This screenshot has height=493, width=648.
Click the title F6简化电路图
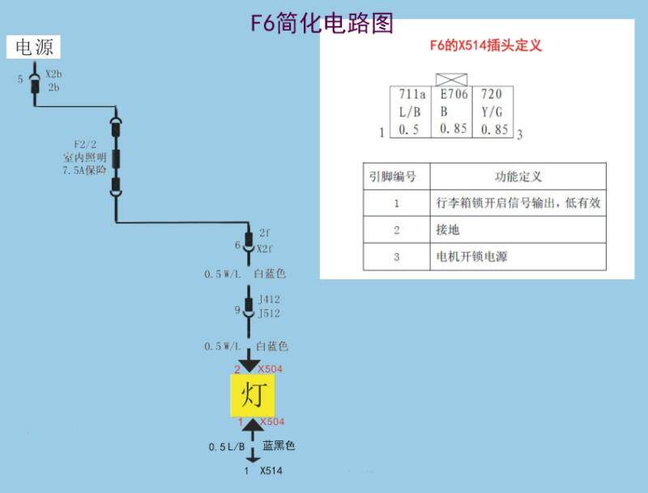(322, 23)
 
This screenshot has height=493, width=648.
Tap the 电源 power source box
(34, 48)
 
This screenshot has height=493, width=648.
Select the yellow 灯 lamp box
(251, 396)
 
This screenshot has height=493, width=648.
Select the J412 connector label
(269, 300)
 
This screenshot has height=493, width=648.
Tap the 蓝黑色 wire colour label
(279, 446)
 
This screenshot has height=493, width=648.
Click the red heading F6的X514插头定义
(485, 45)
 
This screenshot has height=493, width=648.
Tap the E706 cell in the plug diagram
(454, 95)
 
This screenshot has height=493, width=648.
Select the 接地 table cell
(448, 230)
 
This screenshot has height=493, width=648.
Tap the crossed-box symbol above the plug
(454, 79)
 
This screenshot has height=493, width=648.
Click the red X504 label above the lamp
(271, 369)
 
